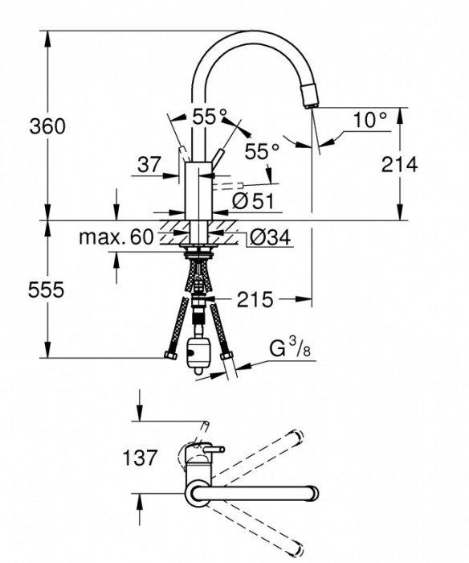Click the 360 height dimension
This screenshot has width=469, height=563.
[x=47, y=126]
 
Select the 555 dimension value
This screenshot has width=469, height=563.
[x=47, y=290]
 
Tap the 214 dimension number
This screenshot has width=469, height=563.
[x=400, y=165]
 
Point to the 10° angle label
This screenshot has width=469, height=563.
[x=370, y=120]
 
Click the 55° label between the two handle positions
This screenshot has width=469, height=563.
[x=204, y=117]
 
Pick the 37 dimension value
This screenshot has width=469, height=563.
[x=149, y=165]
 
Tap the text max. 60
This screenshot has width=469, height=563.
[x=116, y=237]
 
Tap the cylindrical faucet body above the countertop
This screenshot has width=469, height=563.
[x=198, y=189]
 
